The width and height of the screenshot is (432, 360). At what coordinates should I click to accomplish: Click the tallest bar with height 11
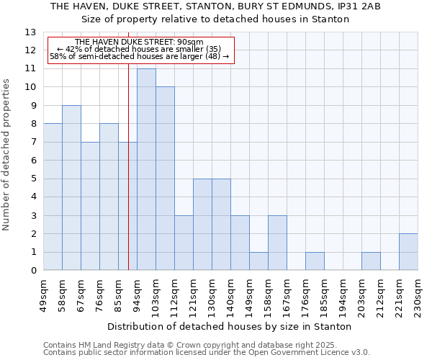point(146,169)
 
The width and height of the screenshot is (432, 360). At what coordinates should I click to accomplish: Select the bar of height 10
point(165,179)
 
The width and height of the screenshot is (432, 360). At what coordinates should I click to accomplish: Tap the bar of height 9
point(71,188)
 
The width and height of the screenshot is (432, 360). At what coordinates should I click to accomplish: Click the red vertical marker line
point(128,166)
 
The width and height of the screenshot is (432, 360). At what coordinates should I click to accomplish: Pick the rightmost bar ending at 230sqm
point(408,252)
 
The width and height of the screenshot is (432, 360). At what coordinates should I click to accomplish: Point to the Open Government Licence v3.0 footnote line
point(206,352)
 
